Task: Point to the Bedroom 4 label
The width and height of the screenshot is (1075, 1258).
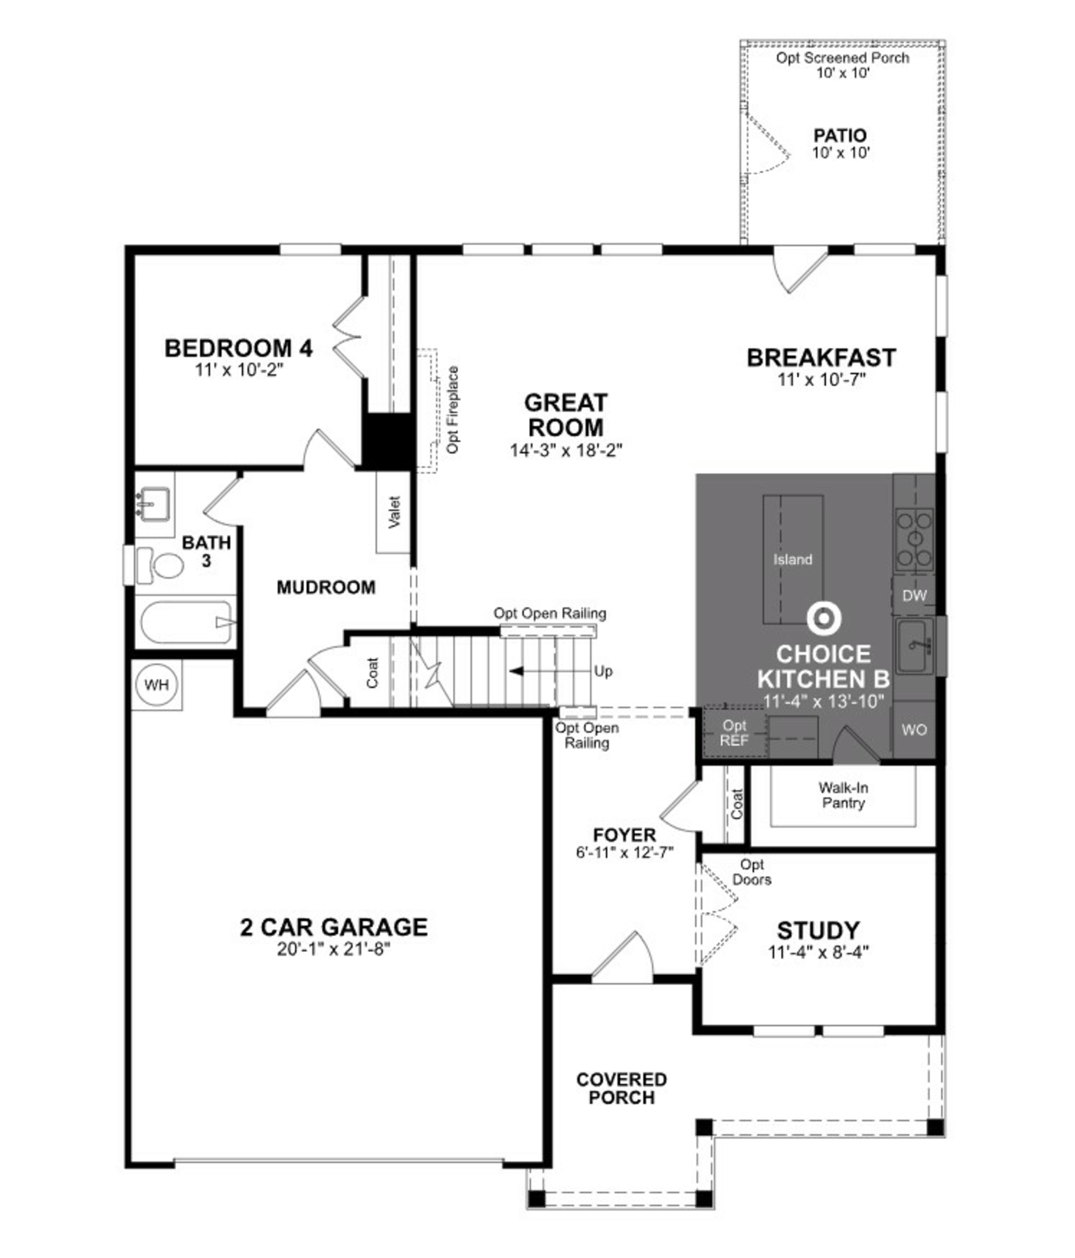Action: click(x=239, y=348)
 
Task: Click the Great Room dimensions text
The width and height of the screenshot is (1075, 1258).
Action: click(x=566, y=451)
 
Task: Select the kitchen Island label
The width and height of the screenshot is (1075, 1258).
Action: click(x=792, y=559)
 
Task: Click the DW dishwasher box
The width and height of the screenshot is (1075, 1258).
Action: click(x=913, y=596)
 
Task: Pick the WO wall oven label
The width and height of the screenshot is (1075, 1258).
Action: click(x=913, y=730)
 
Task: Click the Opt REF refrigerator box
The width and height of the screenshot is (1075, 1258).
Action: click(x=734, y=733)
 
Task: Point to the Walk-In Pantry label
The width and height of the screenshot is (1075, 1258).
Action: click(x=843, y=795)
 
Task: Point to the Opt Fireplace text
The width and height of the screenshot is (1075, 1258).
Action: click(x=452, y=410)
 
